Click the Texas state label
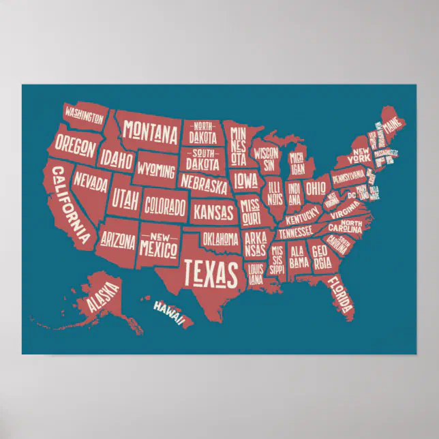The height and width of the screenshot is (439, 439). tap(212, 272)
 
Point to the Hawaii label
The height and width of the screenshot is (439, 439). tap(168, 312)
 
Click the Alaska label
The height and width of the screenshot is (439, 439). tap(102, 298)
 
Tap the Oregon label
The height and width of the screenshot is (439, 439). tap(75, 144)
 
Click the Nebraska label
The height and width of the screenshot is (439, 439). tap(204, 184)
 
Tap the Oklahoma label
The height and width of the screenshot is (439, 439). tap(219, 239)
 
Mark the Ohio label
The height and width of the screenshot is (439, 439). tap(316, 187)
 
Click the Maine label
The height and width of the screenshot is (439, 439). tap(392, 126)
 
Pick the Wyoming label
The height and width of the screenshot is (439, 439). tap(156, 168)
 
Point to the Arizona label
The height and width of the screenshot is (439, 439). tap(118, 240)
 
